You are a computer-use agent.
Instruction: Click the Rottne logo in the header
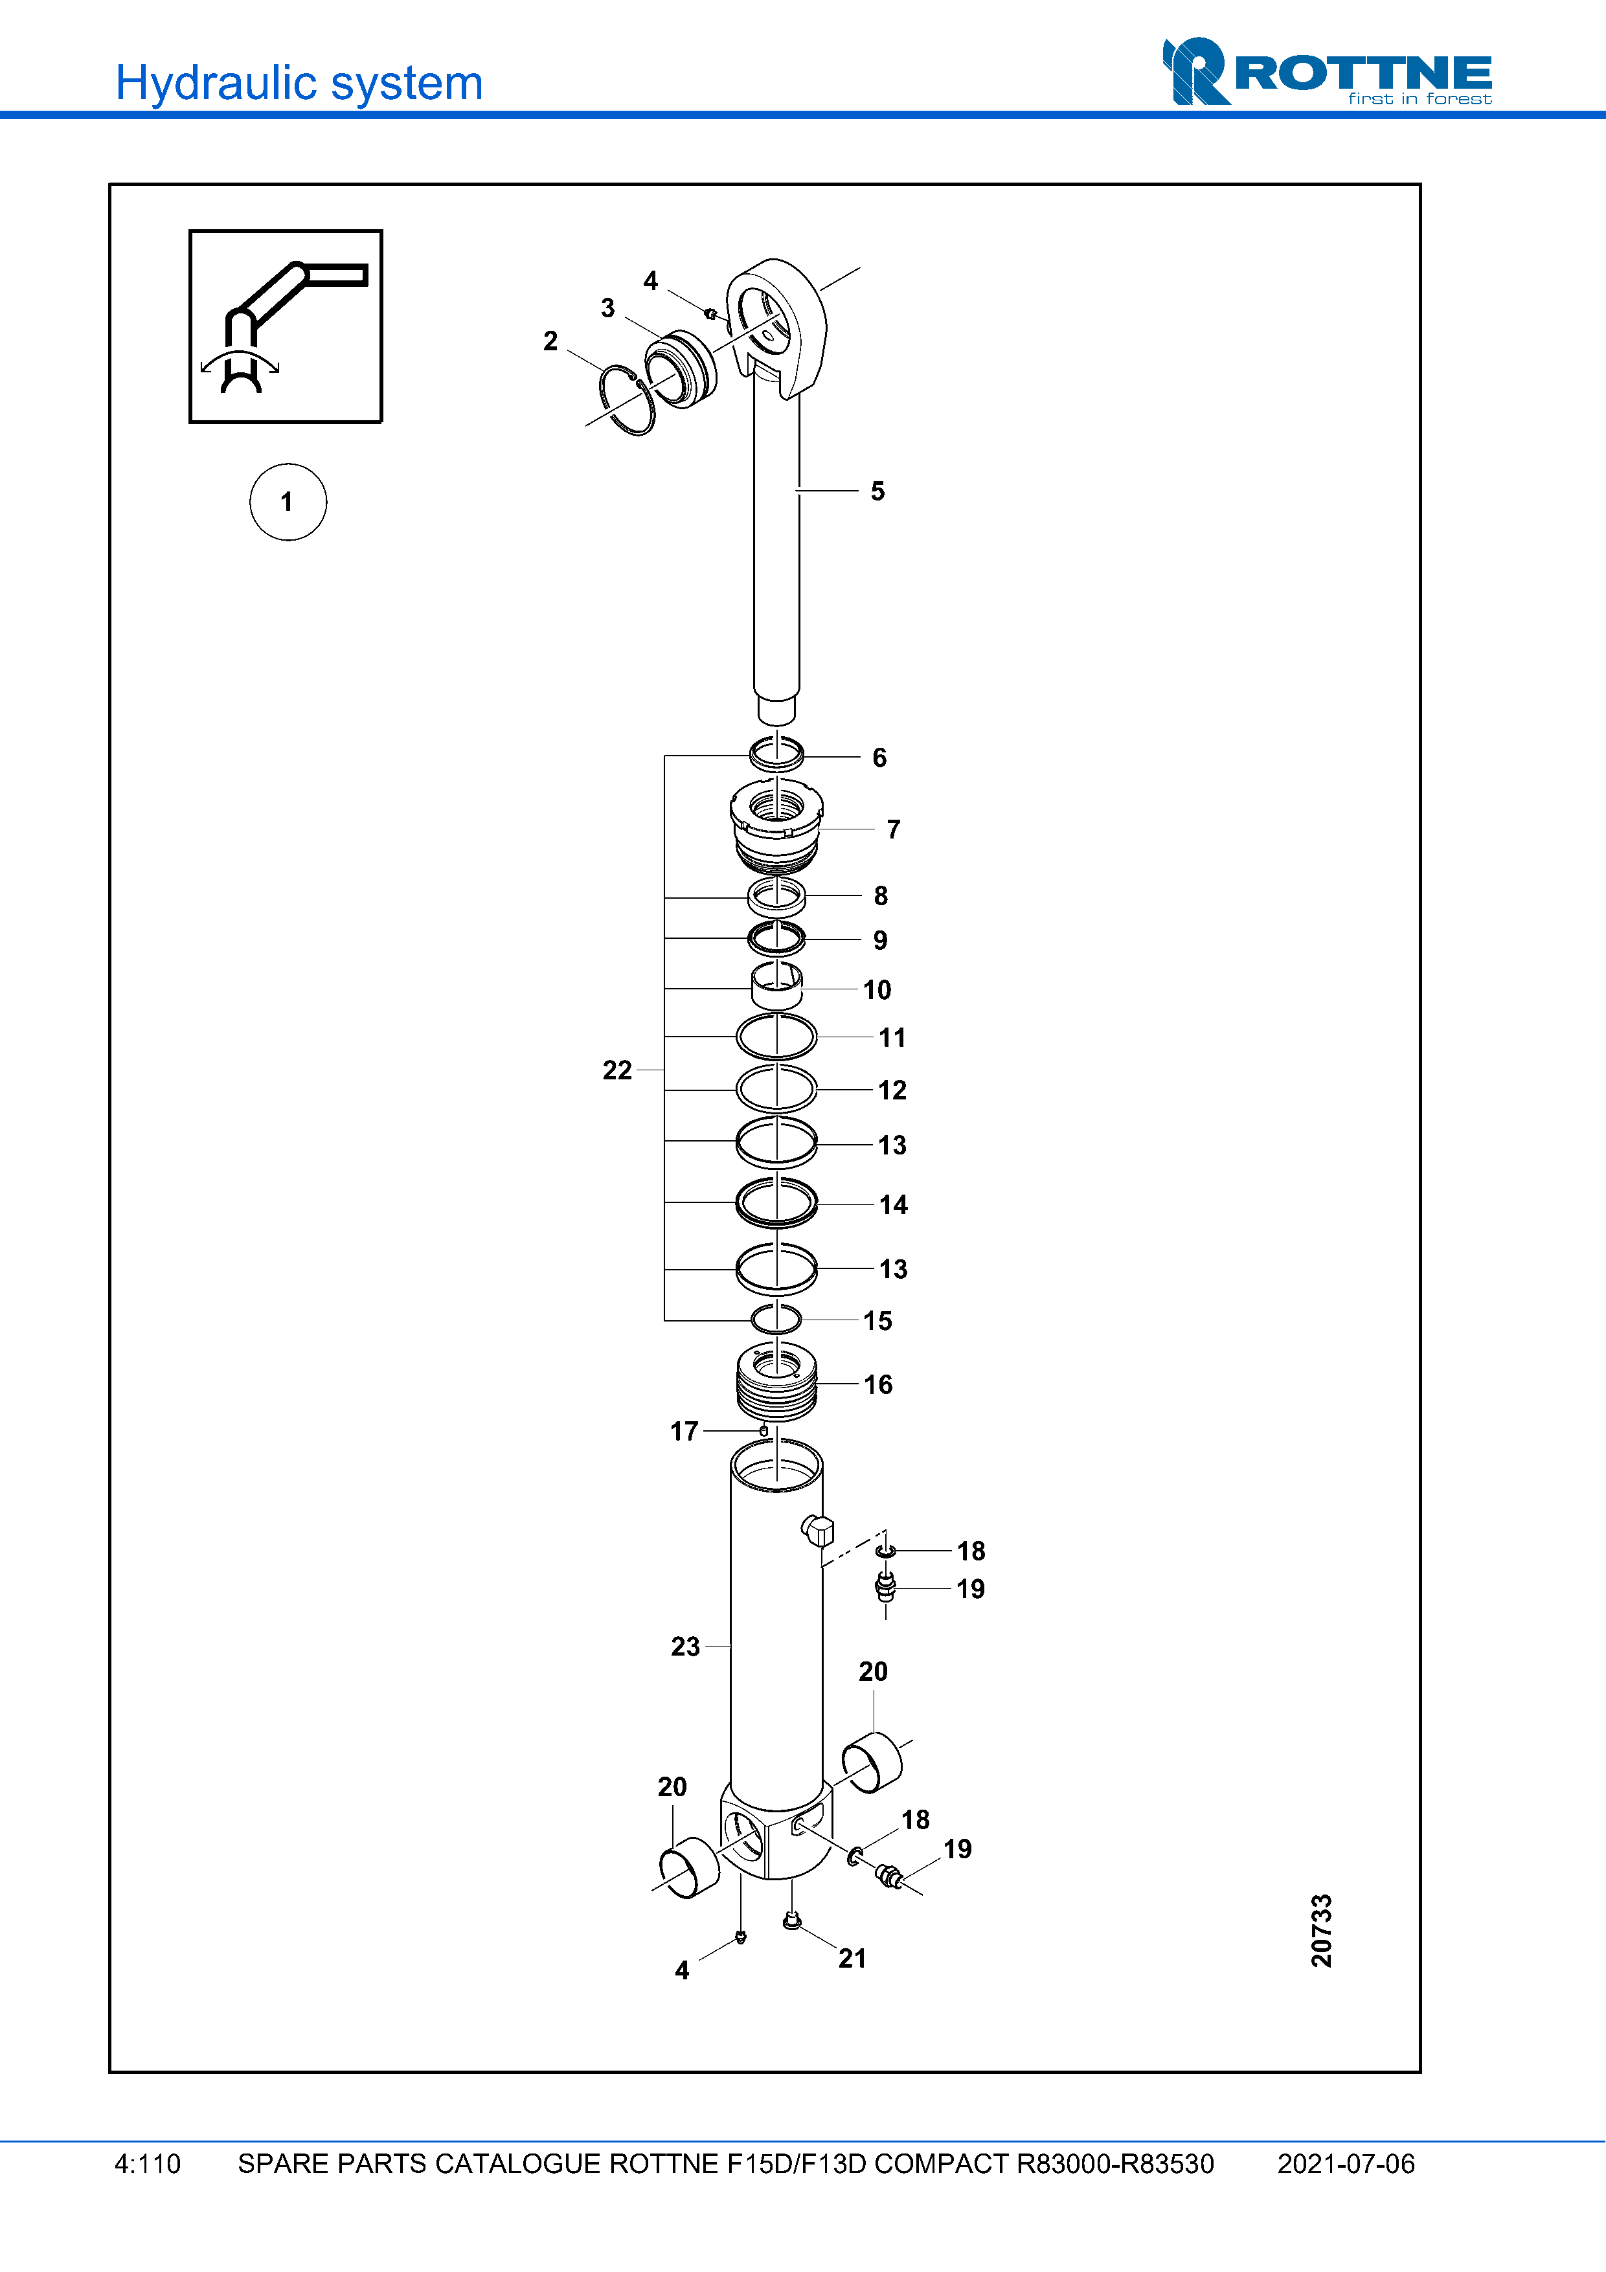tap(1326, 73)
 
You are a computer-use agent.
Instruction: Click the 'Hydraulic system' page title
tap(299, 83)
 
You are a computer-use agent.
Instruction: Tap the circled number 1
tap(287, 502)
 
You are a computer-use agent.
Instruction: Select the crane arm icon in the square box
tap(285, 326)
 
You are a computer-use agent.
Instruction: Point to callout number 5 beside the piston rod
tap(877, 492)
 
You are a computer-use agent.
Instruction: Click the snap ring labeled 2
tap(628, 399)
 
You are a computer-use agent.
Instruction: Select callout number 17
tap(684, 1432)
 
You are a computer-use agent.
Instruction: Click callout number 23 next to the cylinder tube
tap(684, 1647)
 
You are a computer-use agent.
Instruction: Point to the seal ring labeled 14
tap(777, 1203)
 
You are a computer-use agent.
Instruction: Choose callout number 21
tap(852, 1959)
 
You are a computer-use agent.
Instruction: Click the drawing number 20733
tap(1321, 1931)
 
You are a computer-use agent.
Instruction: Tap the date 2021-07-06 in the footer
tap(1345, 2164)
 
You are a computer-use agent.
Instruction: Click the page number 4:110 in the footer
tap(148, 2164)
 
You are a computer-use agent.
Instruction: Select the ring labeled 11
tap(777, 1037)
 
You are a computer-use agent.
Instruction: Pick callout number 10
tap(877, 991)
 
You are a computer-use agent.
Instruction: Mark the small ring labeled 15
tap(777, 1319)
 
